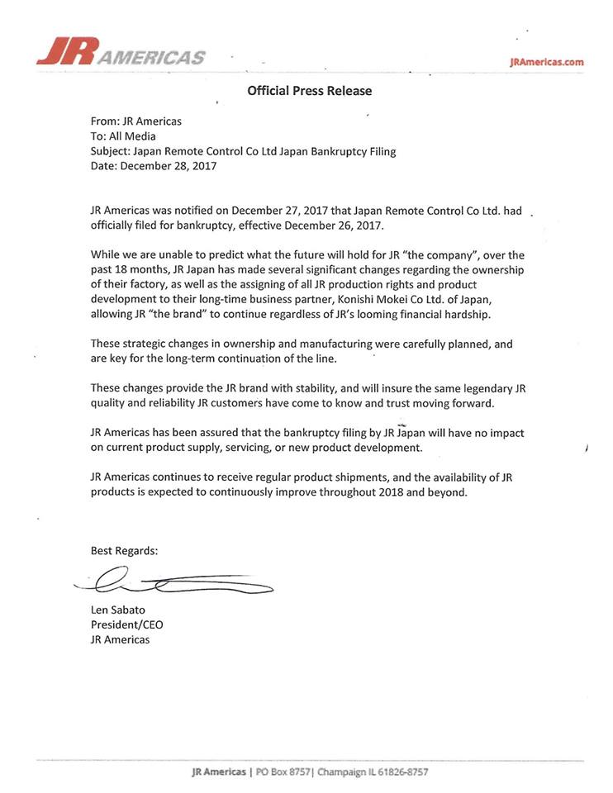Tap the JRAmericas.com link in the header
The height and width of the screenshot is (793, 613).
click(x=547, y=62)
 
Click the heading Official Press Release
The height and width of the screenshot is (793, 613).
click(x=310, y=91)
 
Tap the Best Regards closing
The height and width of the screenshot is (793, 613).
click(x=124, y=551)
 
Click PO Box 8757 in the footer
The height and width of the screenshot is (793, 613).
click(x=283, y=772)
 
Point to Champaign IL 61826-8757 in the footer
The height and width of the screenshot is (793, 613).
click(x=373, y=772)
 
